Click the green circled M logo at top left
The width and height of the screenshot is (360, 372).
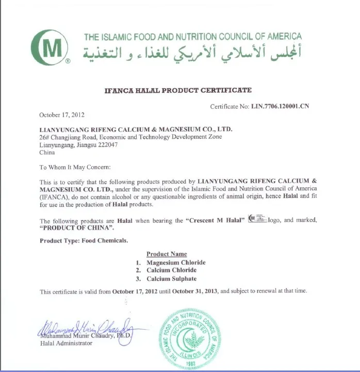[50, 47]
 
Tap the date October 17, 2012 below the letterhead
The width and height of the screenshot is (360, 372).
[62, 115]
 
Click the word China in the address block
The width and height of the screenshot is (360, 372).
[47, 153]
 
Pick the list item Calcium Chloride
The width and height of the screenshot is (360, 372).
[171, 270]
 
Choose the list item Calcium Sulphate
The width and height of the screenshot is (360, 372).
[171, 279]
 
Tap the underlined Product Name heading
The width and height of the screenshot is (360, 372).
[167, 254]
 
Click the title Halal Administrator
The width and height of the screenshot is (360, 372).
[66, 344]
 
